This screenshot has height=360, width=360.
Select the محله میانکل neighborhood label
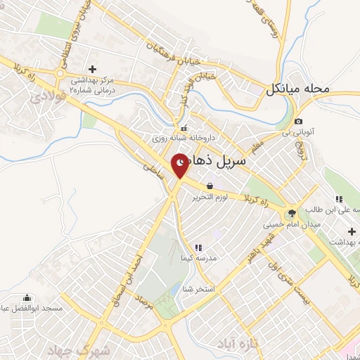point(297,90)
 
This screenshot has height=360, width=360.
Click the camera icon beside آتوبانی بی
point(298,122)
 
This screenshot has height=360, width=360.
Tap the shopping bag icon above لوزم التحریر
point(210,186)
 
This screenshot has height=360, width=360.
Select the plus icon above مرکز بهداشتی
point(92,69)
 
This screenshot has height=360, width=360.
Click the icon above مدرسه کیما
point(199,247)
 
